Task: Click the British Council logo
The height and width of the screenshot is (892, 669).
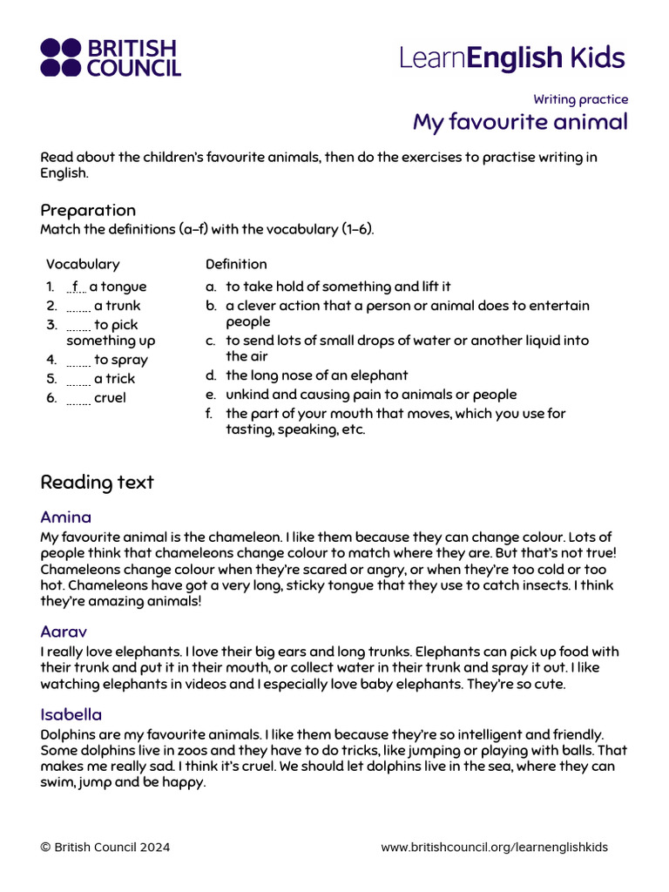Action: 110,57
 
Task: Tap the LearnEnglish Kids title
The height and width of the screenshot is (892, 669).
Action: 512,57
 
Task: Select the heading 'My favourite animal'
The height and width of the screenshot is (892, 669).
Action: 520,122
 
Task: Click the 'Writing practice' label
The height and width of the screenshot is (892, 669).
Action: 580,99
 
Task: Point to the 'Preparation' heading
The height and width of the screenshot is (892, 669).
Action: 88,210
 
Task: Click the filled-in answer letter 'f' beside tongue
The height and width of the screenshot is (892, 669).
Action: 76,287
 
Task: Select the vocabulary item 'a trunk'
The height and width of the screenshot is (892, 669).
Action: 117,306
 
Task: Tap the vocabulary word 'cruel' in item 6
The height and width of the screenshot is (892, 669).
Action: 110,398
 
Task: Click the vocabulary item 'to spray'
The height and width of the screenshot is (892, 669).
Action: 120,360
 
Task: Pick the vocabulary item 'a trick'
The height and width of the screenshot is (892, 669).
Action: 114,379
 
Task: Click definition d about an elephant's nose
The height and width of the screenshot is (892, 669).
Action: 316,375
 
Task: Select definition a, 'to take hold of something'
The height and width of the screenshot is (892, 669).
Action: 338,287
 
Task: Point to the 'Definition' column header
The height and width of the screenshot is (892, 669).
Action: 236,264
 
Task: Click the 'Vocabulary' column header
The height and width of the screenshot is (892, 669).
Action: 83,264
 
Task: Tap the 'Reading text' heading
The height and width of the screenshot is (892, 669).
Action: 97,482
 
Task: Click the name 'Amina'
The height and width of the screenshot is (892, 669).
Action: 65,517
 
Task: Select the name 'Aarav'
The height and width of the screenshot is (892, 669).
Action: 64,632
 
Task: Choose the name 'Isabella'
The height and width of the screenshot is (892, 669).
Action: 71,715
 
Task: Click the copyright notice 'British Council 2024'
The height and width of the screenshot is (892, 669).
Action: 105,848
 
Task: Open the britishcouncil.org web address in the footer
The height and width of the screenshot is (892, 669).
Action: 494,848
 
